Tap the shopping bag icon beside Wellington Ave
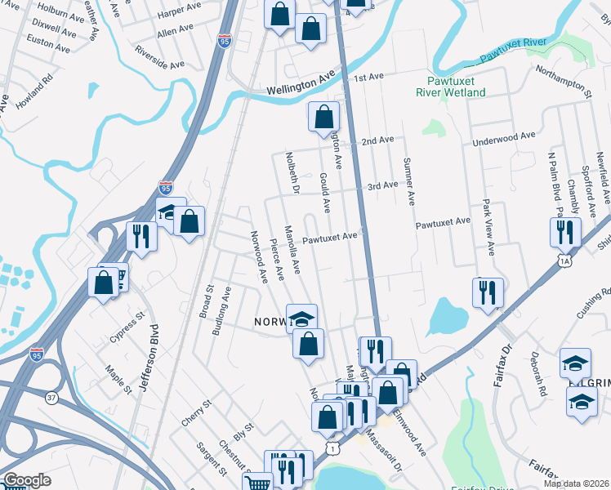pos(323,116)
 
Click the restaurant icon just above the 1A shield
pos(564,232)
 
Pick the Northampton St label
pos(564,82)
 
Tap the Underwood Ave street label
pos(503,138)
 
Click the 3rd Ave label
pos(381,185)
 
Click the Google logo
pos(26,480)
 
